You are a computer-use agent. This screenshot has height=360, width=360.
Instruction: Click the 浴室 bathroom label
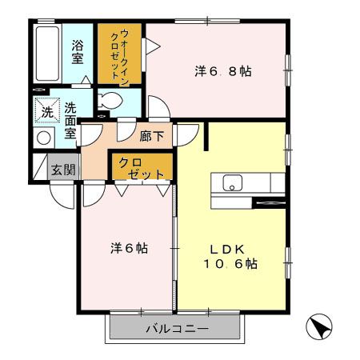click(x=78, y=52)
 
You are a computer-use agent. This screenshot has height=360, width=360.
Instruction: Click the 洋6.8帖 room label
click(x=223, y=71)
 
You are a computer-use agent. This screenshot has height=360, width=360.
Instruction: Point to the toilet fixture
click(x=113, y=102)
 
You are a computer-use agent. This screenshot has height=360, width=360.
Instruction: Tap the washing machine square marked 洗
click(x=46, y=110)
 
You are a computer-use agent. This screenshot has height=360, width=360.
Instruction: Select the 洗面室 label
click(x=70, y=120)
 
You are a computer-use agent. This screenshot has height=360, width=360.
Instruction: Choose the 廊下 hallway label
click(x=151, y=136)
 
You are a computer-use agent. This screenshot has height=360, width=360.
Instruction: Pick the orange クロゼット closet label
click(x=141, y=168)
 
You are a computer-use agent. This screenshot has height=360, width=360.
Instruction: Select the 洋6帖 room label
click(x=127, y=247)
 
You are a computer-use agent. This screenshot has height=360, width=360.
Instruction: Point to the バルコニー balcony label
click(x=176, y=329)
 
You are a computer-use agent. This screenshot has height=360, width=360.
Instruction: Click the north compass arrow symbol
click(x=318, y=326)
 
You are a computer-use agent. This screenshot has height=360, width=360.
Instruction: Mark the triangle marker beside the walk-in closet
click(x=152, y=47)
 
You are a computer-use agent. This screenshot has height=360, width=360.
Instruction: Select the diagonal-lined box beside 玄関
click(x=40, y=167)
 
